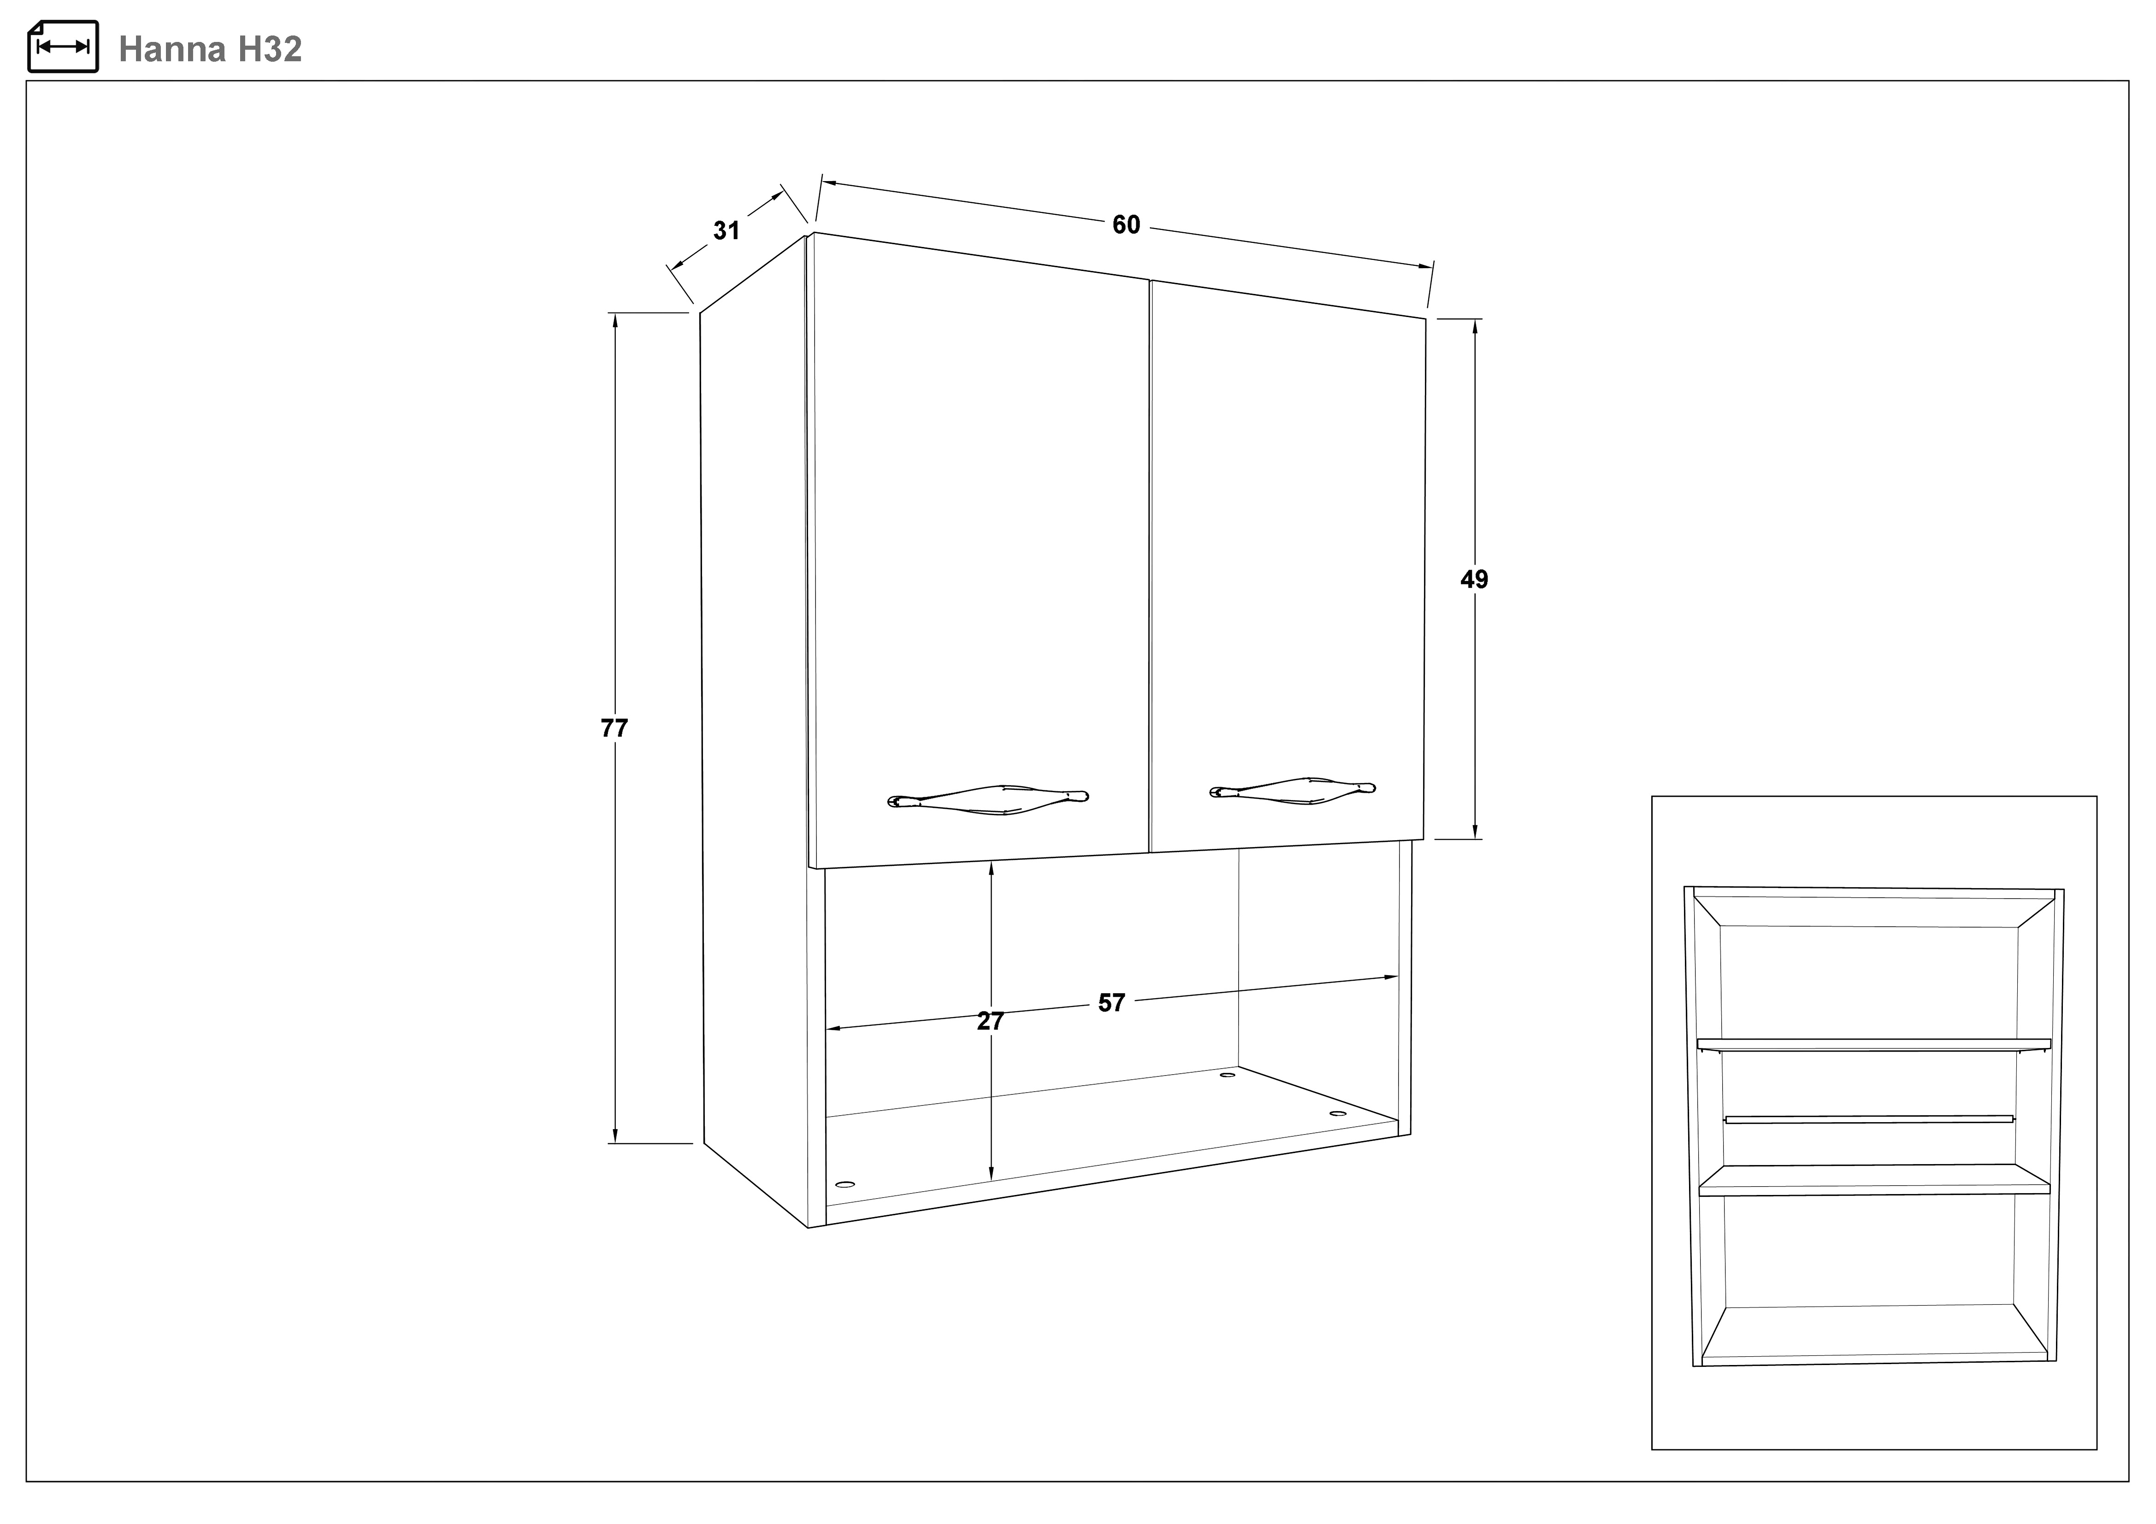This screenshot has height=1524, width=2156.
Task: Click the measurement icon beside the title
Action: tap(63, 46)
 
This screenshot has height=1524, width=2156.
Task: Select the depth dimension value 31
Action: tap(726, 230)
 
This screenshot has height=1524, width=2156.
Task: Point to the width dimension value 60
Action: tap(1126, 224)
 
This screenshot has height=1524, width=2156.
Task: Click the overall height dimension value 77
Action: tap(614, 728)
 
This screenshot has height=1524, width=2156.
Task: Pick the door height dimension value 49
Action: tap(1474, 579)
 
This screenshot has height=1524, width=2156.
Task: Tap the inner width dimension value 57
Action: tap(1112, 1003)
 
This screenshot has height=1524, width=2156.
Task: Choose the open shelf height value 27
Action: tap(991, 1021)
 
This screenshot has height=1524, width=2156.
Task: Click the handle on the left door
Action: tap(988, 799)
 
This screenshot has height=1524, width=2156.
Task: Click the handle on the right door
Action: tap(1292, 790)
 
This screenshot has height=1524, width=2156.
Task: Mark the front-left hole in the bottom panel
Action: tap(845, 1184)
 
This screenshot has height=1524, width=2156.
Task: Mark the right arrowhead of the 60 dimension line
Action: tap(1425, 267)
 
